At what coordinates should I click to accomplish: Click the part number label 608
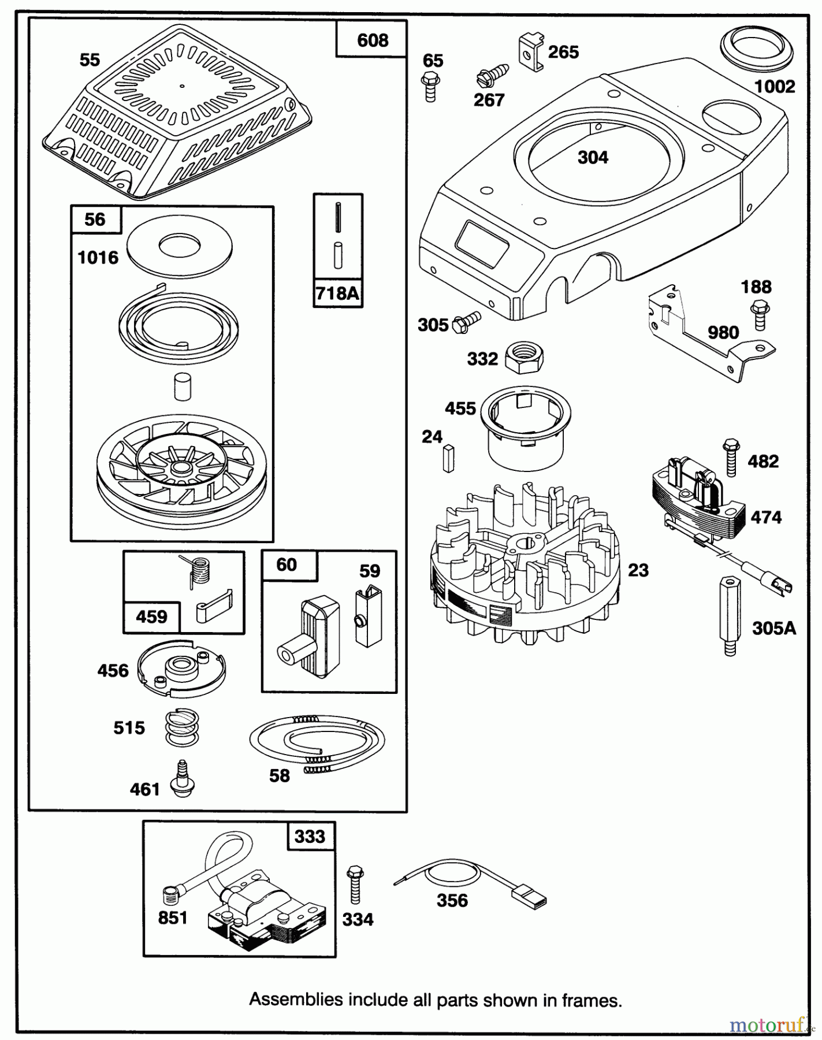(x=372, y=40)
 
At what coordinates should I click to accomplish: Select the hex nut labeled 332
(x=523, y=361)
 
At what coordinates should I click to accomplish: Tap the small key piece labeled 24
(x=449, y=459)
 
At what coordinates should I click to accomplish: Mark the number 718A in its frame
(x=338, y=294)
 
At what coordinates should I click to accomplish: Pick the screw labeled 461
(x=182, y=778)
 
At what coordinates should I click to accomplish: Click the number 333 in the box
(x=310, y=836)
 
